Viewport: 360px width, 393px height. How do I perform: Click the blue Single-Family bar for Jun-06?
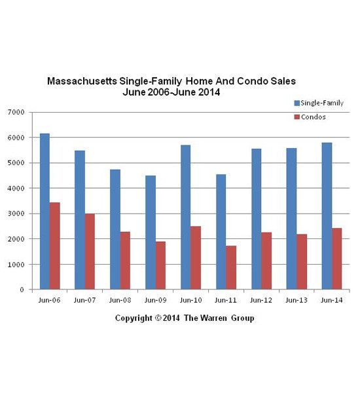click(45, 212)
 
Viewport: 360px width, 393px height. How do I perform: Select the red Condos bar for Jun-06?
click(54, 246)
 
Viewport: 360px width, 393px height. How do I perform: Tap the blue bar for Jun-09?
click(151, 233)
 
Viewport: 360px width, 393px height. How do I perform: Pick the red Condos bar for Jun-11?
click(231, 267)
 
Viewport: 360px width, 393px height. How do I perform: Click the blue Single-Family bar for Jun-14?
click(327, 215)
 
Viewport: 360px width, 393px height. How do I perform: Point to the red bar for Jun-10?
click(196, 257)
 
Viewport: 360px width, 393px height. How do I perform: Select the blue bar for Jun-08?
click(115, 229)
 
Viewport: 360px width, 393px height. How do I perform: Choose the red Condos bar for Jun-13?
click(302, 261)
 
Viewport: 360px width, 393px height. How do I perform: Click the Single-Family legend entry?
click(319, 103)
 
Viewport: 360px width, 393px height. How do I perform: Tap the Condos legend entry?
click(310, 117)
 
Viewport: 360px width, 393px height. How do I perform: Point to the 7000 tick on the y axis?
click(16, 112)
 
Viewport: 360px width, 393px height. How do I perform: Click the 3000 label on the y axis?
click(16, 214)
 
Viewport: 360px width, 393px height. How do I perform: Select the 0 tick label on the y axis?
click(22, 290)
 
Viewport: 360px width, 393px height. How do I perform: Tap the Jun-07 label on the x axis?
click(84, 300)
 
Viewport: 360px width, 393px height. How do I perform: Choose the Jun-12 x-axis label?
click(261, 300)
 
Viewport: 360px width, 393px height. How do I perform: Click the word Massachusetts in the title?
click(82, 81)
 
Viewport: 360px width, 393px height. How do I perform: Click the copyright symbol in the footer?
click(158, 318)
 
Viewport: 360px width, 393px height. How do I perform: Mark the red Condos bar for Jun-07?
click(90, 252)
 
